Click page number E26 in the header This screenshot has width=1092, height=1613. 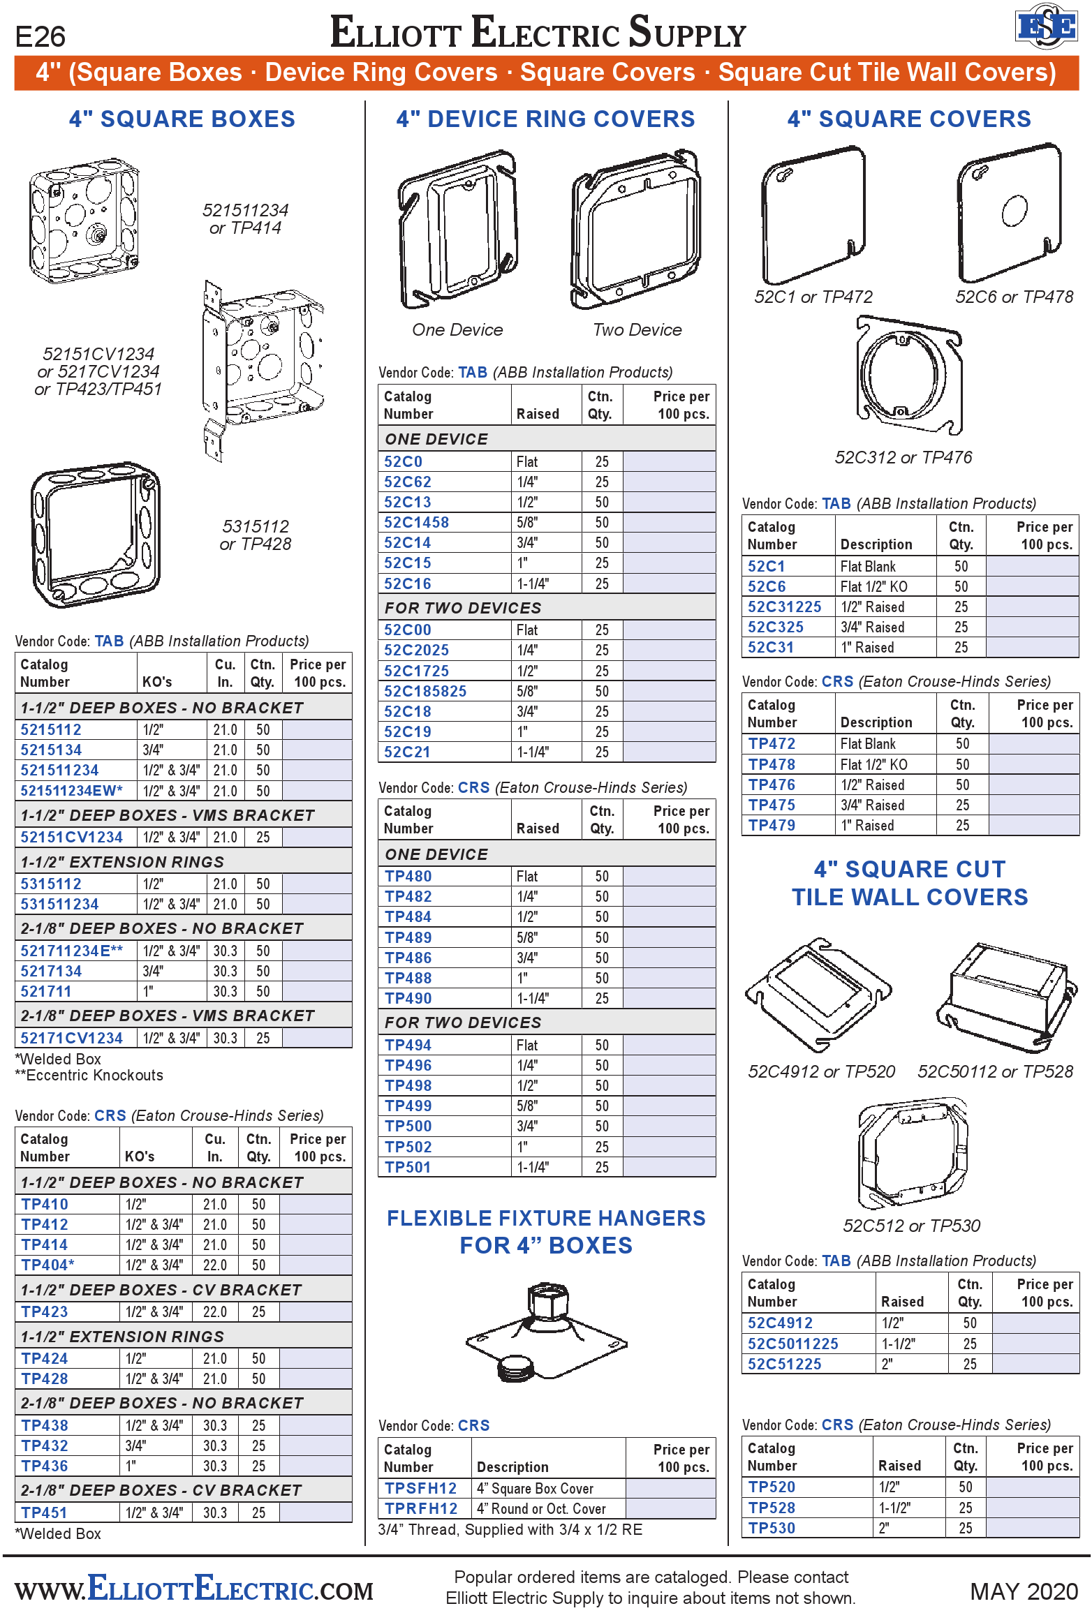[40, 36]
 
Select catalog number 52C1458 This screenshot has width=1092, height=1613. [416, 522]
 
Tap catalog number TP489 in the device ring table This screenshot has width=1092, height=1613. [408, 937]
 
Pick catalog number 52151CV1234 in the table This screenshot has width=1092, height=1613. [71, 837]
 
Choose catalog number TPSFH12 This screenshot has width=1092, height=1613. [420, 1488]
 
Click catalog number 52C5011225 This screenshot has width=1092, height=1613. [792, 1344]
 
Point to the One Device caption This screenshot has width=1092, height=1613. [457, 330]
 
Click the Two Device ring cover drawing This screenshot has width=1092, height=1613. [636, 230]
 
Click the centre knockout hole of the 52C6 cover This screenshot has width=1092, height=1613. [1014, 211]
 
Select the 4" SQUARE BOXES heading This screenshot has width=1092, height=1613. [182, 119]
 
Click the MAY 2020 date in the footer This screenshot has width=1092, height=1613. [1024, 1591]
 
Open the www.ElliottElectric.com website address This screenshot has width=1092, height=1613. [194, 1589]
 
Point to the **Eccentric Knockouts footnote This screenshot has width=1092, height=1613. [89, 1076]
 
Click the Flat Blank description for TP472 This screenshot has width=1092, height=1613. [868, 744]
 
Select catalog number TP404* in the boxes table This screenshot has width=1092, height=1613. [47, 1265]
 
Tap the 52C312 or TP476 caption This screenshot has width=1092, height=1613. [903, 458]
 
